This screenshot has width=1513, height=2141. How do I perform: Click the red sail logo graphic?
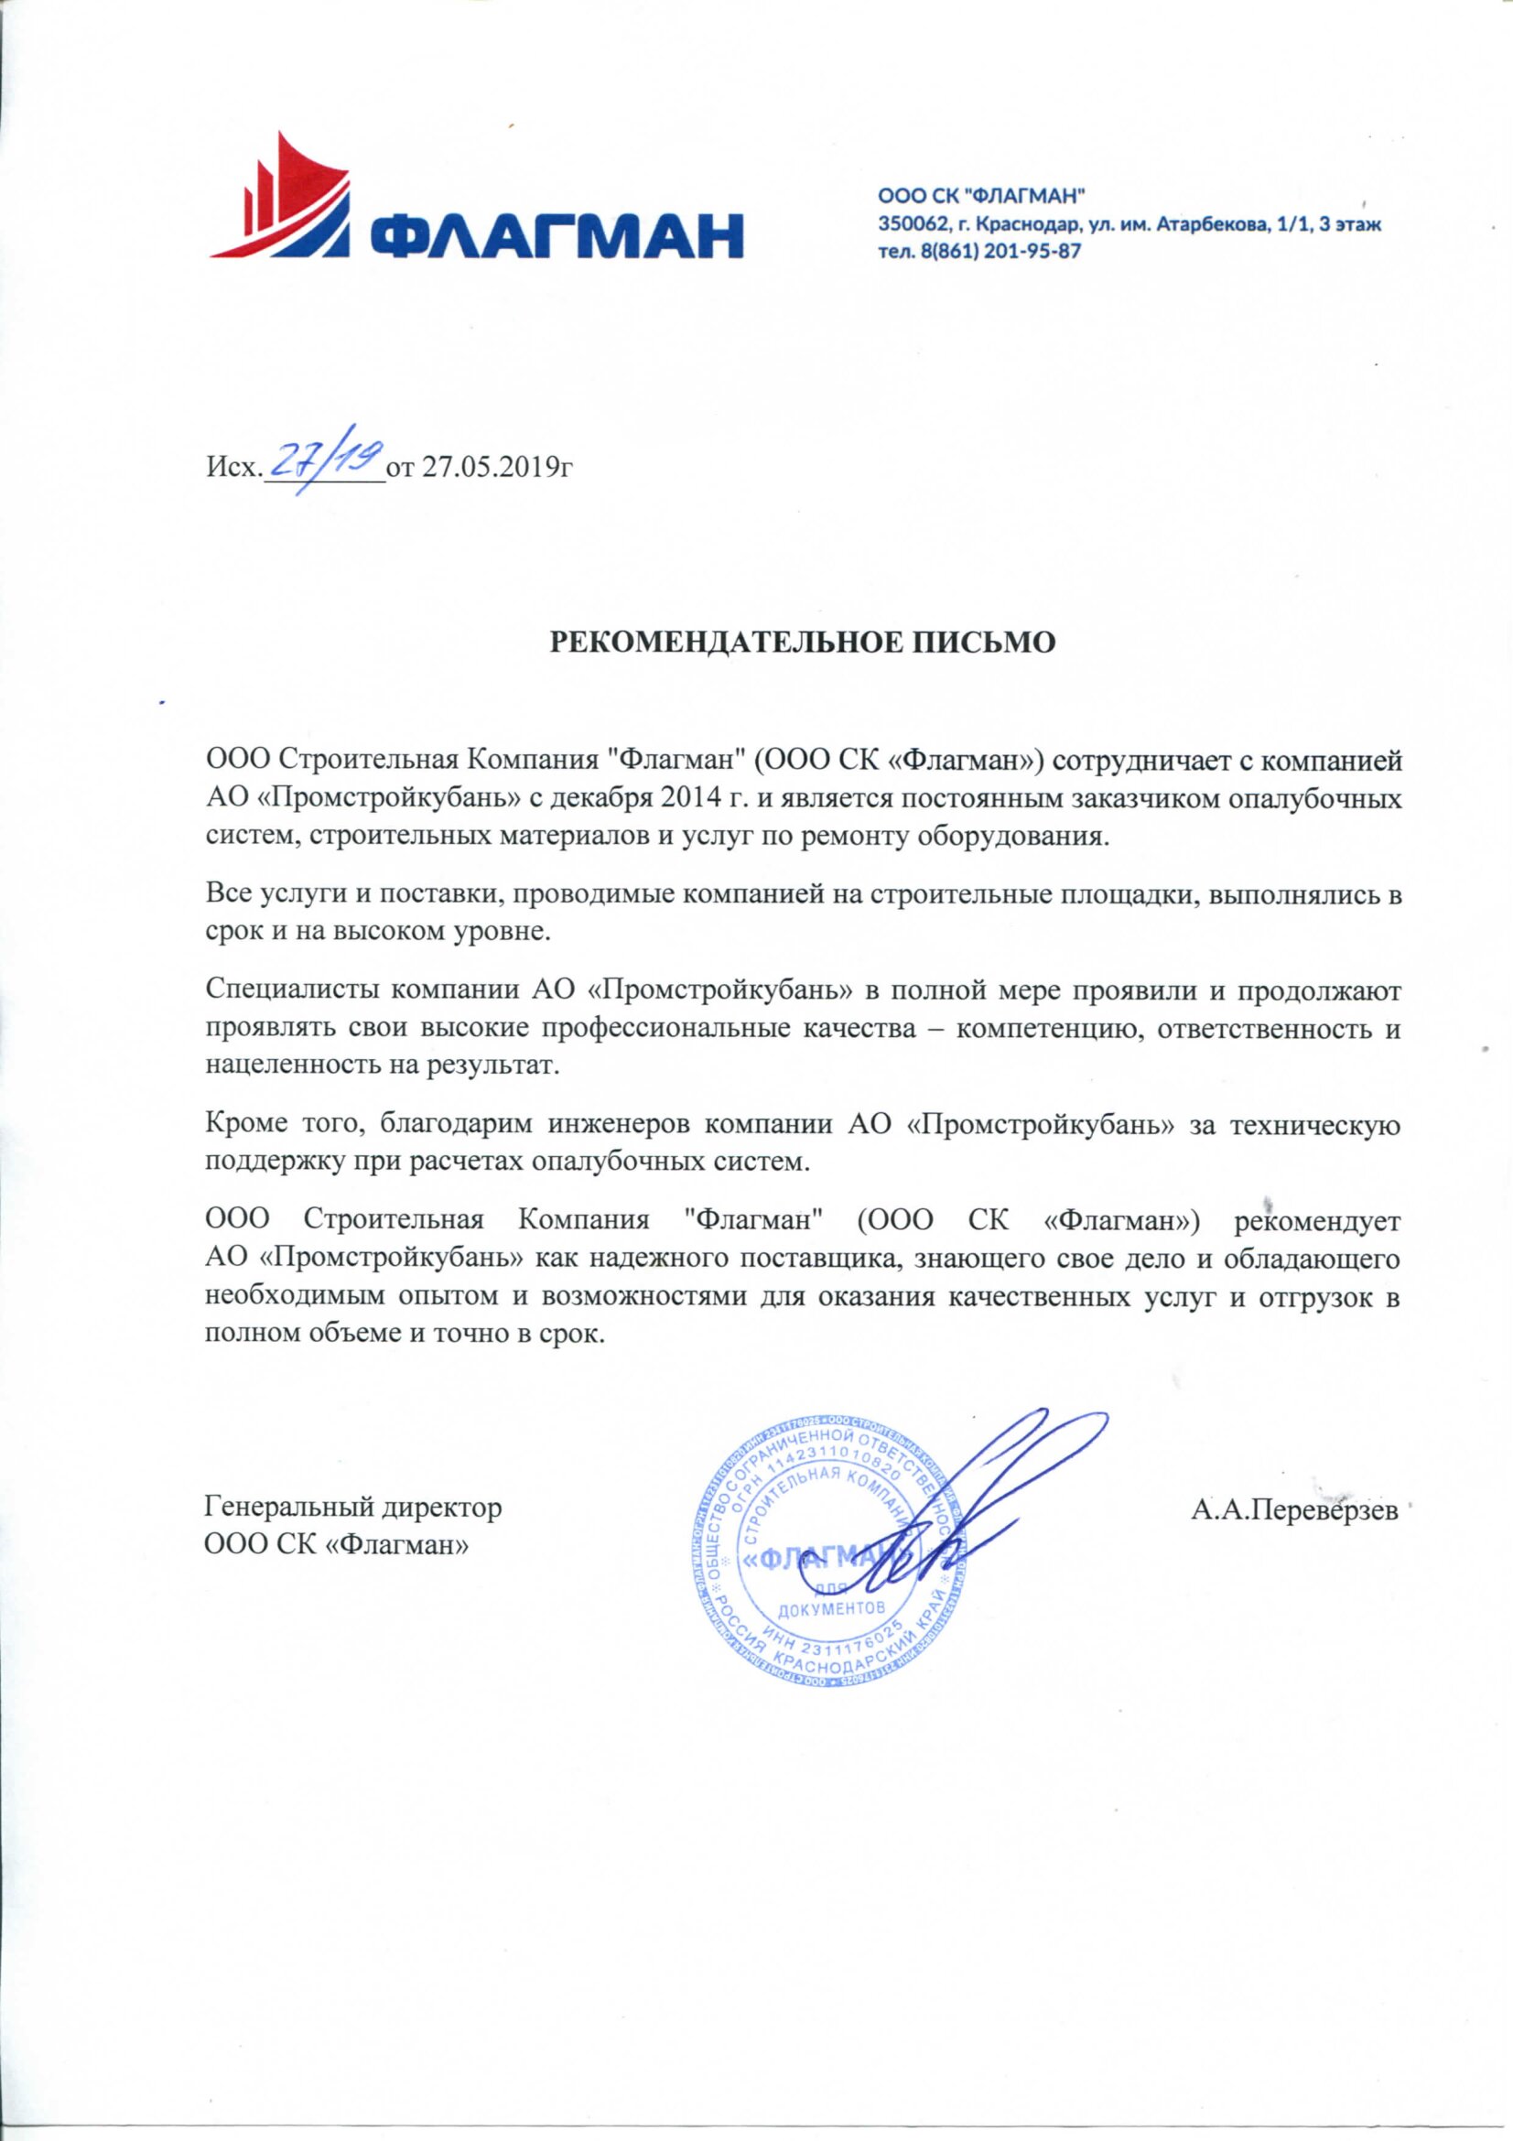[285, 200]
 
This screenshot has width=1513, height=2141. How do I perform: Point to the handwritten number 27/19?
[324, 459]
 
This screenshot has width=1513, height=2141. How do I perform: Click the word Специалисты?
[279, 989]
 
